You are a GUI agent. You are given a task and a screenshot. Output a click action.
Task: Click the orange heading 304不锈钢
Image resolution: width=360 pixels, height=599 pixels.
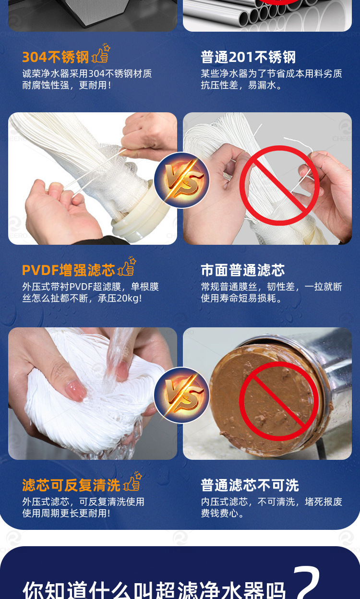56,57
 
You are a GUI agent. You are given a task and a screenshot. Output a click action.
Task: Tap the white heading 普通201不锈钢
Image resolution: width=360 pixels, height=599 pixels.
248,57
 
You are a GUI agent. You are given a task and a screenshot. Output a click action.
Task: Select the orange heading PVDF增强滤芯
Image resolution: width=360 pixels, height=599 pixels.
68,270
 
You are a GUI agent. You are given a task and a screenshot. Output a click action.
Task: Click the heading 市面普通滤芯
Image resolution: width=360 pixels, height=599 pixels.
242,270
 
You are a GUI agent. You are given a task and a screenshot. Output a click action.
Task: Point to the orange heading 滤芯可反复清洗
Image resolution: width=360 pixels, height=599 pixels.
71,485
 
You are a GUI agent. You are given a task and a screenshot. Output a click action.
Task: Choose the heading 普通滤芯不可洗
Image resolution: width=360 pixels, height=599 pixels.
250,485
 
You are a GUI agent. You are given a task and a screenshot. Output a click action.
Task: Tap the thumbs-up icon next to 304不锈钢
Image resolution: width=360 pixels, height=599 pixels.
101,55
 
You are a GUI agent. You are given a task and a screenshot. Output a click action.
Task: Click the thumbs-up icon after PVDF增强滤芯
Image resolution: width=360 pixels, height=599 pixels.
127,268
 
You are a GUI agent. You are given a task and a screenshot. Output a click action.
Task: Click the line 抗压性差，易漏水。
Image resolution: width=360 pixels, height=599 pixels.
241,85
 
